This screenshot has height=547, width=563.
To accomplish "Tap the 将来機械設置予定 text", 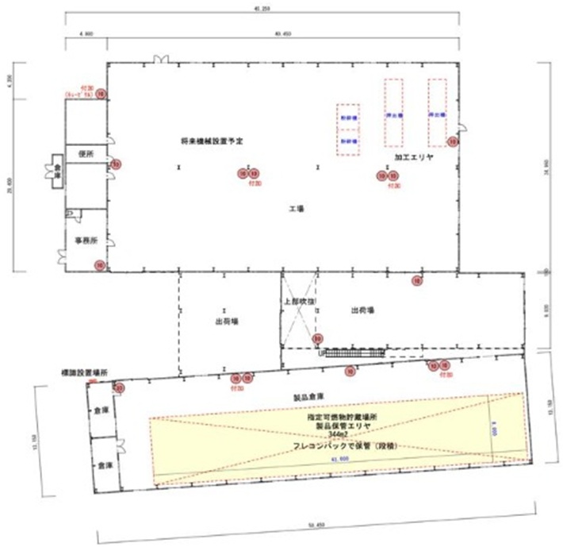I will click(x=211, y=141).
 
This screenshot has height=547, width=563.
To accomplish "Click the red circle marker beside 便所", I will click(x=116, y=164).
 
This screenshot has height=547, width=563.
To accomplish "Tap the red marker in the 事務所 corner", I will click(x=100, y=265).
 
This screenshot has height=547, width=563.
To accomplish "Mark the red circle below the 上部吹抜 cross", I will click(x=317, y=338).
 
